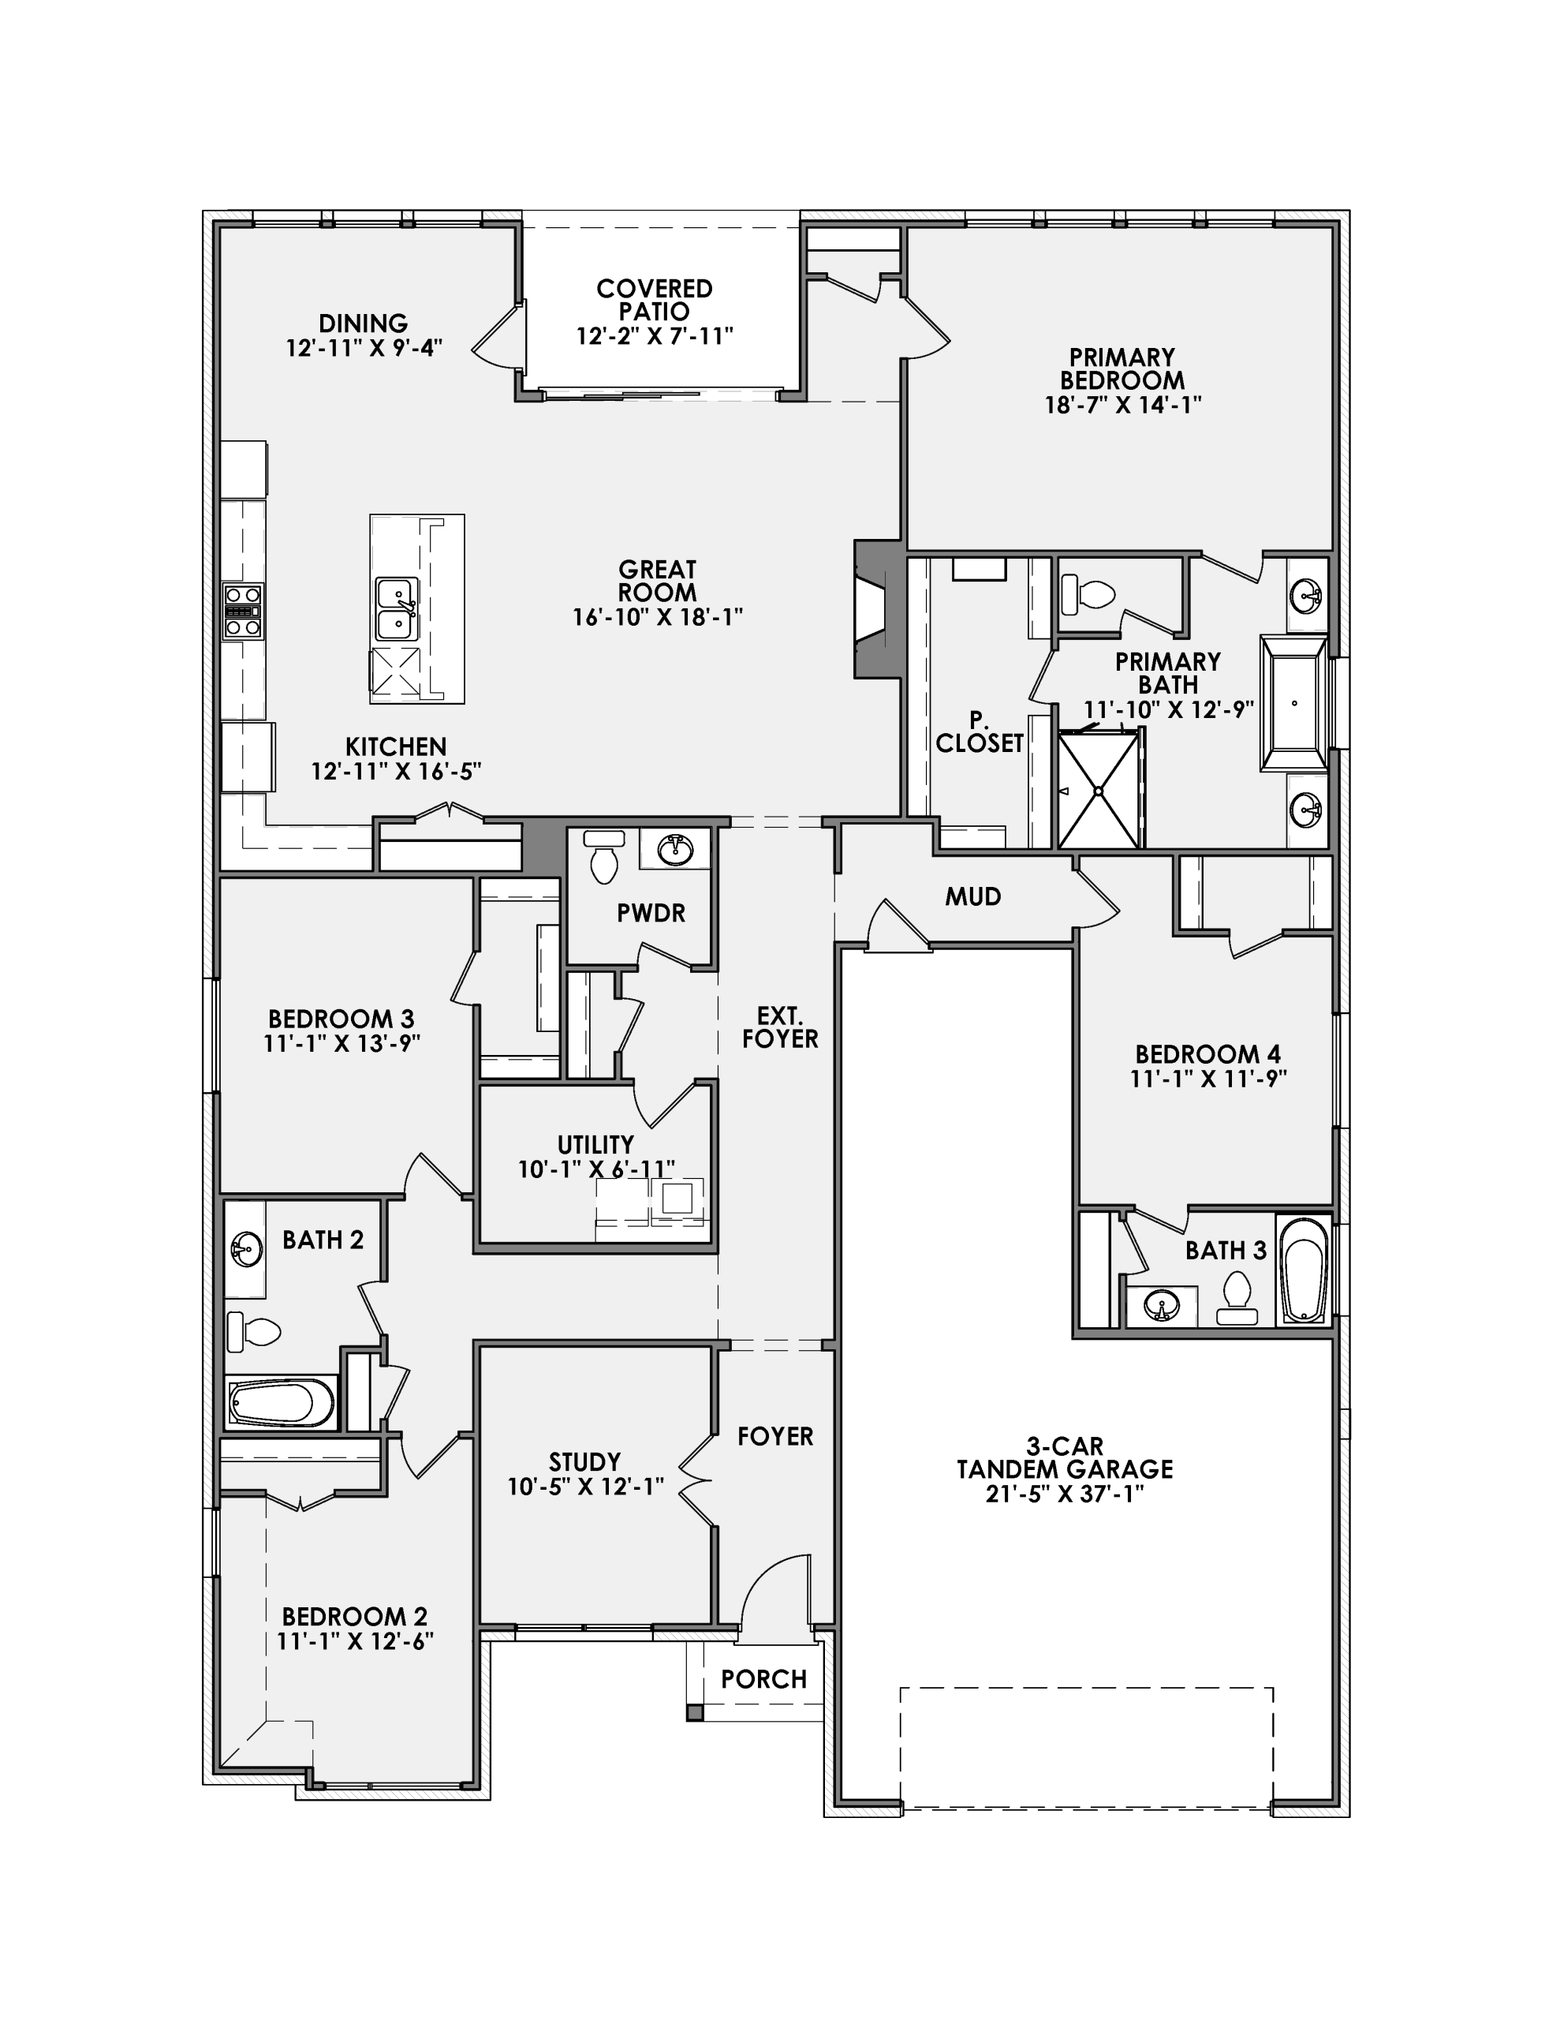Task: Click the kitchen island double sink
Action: point(397,608)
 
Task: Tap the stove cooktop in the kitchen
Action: point(242,612)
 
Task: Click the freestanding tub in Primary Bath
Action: point(1293,703)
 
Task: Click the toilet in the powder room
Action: point(604,858)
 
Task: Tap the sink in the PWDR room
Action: point(676,847)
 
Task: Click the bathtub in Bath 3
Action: point(1303,1270)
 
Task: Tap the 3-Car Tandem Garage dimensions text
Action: point(1065,1494)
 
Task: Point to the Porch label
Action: point(763,1678)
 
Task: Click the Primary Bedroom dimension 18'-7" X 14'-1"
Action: point(1122,404)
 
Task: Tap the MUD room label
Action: point(972,896)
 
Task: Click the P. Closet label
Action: point(980,731)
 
